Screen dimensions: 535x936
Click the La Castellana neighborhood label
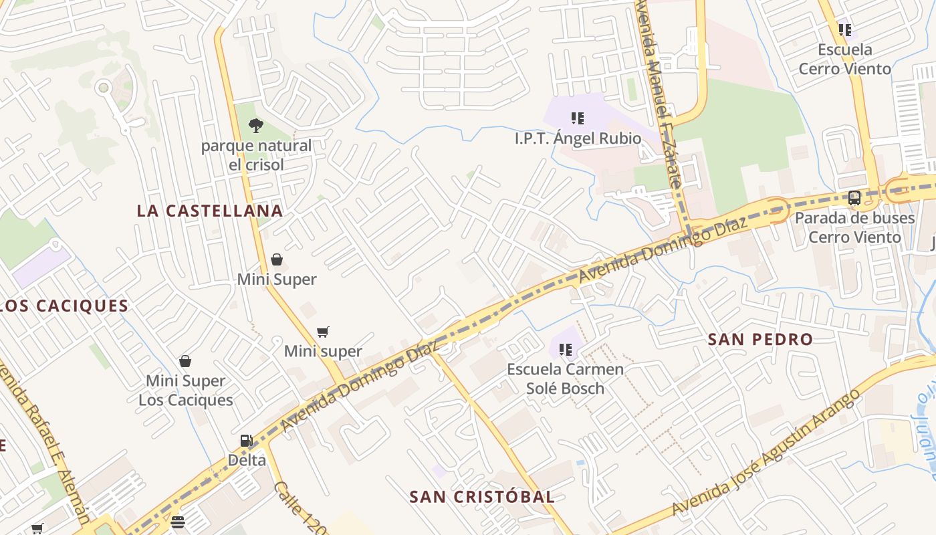[210, 211]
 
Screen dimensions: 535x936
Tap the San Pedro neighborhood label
[760, 339]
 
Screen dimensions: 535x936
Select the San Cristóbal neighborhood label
[481, 497]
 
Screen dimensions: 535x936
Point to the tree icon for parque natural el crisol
[255, 125]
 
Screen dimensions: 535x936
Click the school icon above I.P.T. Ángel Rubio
[578, 118]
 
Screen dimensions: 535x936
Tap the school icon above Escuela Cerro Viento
[845, 29]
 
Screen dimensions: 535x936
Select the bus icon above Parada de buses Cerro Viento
[854, 198]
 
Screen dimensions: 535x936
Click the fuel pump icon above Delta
[246, 440]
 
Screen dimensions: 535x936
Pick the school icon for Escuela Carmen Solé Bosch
[566, 349]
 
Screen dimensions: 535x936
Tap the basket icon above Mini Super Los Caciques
[185, 361]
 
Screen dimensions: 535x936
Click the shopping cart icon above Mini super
[323, 332]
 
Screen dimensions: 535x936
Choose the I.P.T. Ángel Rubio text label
[578, 138]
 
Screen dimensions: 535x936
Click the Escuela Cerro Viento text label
[845, 59]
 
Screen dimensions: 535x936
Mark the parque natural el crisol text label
[257, 154]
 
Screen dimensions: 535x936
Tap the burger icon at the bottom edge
[177, 522]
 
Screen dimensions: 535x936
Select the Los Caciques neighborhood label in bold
[64, 306]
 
